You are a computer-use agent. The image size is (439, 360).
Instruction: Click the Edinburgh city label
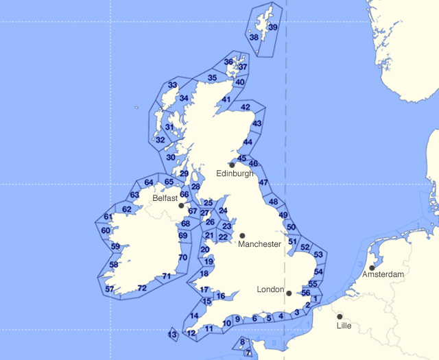coord(235,174)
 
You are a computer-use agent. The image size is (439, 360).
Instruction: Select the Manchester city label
coord(259,244)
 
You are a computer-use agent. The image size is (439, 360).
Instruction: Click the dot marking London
coord(290,295)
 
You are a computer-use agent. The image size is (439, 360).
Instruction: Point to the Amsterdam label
coord(384,274)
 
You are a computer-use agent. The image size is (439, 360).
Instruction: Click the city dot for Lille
coord(340,316)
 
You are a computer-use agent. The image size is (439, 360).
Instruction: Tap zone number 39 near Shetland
coord(273,27)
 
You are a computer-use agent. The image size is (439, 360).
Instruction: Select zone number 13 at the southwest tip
coord(172,335)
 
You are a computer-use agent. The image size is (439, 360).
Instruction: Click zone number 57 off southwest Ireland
coord(110,289)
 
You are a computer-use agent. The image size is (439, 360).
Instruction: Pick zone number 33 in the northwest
coord(173,86)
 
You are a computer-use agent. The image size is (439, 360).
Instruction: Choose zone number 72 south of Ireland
coord(142,287)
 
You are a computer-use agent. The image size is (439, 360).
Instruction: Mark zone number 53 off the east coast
coord(318,255)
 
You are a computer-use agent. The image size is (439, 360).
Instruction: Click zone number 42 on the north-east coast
coord(246,107)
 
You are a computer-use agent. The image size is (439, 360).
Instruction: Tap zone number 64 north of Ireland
coord(149,182)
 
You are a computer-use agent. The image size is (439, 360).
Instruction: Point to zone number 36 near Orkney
coord(228,62)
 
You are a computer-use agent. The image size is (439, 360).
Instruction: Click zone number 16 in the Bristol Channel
coord(219,296)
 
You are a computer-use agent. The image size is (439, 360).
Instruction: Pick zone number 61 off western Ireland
coord(108,217)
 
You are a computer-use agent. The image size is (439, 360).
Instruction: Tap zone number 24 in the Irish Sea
coord(222,211)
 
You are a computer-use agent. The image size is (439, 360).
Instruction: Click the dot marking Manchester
coord(242,235)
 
